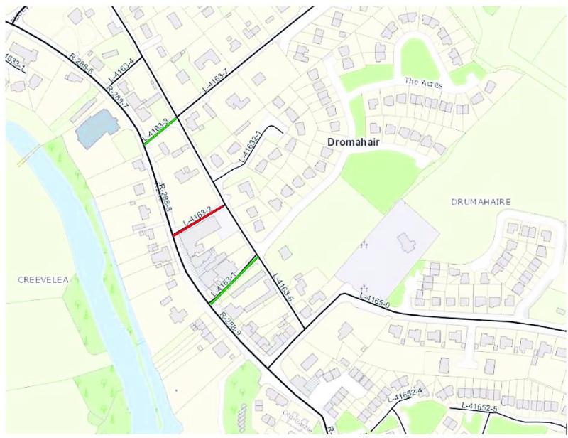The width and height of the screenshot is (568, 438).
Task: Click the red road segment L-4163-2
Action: point(200,219)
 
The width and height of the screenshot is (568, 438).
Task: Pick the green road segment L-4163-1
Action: point(234,279)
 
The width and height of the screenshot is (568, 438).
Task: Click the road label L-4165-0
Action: point(375,300)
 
